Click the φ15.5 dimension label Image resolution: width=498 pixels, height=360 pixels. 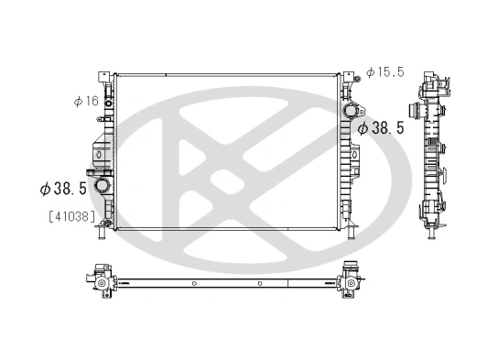coord(384,71)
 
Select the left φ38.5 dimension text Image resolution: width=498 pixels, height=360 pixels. coord(62,188)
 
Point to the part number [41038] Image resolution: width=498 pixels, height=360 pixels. coord(63,217)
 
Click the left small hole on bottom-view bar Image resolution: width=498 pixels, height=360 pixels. coord(194,283)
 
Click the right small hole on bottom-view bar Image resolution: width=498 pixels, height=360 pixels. coord(260,283)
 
